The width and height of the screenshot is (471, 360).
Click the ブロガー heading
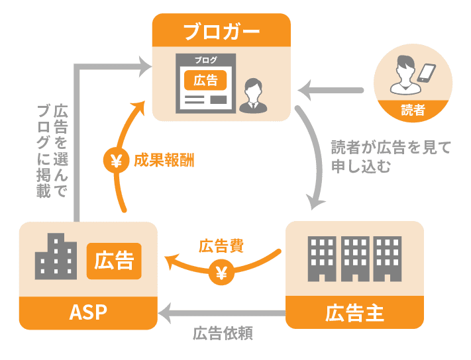221,31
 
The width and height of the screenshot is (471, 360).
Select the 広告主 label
354,312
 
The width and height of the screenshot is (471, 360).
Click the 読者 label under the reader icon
413,111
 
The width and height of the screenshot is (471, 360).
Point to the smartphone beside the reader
427,73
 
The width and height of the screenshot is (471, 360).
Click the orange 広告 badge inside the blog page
205,80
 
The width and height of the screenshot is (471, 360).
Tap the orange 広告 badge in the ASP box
114,261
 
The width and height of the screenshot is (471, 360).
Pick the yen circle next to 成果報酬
117,160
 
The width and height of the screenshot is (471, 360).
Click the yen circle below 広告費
221,271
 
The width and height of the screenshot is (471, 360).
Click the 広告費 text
221,247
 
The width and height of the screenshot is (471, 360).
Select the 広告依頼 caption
223,333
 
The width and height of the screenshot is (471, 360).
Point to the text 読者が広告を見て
391,147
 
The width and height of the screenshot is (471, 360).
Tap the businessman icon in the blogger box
252,93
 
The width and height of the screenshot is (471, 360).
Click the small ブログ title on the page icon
205,60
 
